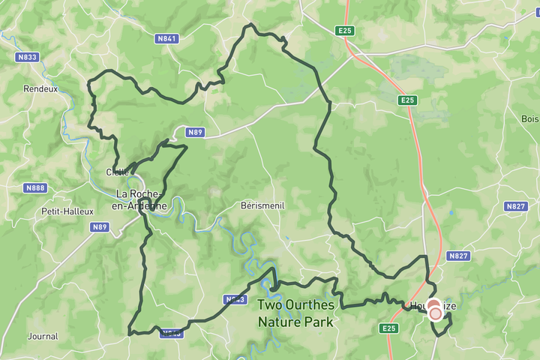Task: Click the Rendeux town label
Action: (40, 88)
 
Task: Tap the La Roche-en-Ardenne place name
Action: (141, 199)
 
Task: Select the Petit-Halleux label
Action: (66, 211)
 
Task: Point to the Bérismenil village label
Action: (262, 205)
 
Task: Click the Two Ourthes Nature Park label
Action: (295, 313)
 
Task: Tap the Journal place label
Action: (42, 336)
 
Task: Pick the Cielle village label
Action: (117, 172)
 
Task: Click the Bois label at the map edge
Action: (530, 118)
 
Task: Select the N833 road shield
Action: (27, 57)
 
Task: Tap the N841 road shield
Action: (167, 39)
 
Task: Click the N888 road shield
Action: (34, 187)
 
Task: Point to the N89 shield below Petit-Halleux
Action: (100, 226)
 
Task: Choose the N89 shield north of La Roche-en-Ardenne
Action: (195, 132)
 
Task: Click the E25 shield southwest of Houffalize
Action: (388, 328)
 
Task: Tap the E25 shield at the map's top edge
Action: (344, 30)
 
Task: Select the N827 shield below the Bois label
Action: (516, 206)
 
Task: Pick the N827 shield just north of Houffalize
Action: (457, 256)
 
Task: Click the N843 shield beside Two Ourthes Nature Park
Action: (235, 300)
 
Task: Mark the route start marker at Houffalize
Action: (435, 311)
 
